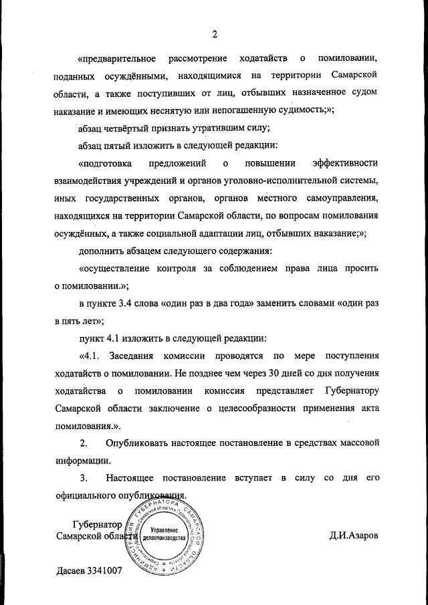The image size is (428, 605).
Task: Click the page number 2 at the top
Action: click(215, 35)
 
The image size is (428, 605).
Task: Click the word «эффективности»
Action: click(345, 163)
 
